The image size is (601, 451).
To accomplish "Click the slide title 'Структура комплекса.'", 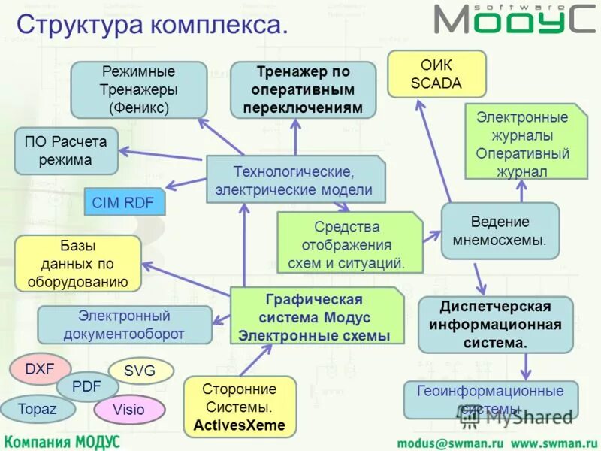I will pos(151,24).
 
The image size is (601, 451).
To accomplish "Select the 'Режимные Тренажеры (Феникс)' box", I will pos(139,89).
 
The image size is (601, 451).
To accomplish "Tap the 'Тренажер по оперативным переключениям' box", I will pos(303,89).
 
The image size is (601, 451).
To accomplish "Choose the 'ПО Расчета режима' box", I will pos(66,150).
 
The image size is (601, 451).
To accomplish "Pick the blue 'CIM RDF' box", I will pos(123,202).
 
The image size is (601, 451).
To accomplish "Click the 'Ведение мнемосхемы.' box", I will pos(500,232).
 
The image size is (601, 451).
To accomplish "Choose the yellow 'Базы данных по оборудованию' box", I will pos(79,263).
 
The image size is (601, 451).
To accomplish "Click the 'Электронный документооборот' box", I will pos(124,325).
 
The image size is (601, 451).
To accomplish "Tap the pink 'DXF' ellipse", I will pos(40,368).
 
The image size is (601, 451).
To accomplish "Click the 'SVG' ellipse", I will pos(140,370).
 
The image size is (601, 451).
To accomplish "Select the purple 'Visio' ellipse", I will pos(129,410).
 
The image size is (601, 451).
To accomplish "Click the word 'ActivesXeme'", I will pos(239,425).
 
